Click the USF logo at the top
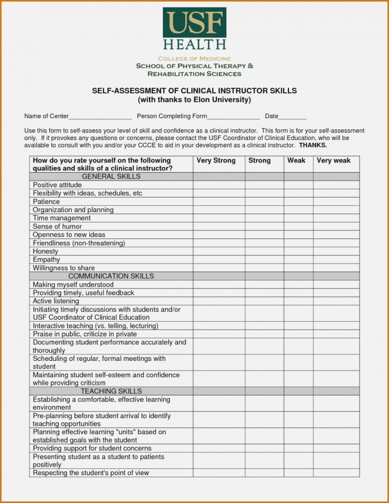coord(194,29)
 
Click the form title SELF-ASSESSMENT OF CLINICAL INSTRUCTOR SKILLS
coord(194,91)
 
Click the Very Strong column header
coord(216,160)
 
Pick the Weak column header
coord(297,160)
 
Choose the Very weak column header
coord(333,160)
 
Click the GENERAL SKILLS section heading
coord(111,176)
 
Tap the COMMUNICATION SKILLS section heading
coord(111,276)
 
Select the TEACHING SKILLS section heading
coord(111,391)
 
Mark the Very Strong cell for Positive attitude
coord(219,185)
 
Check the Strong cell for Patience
coord(264,202)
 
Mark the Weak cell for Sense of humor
coord(298,227)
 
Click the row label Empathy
coord(46,260)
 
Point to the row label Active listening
coord(56,301)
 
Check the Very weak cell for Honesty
coord(336,251)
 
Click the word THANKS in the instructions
coord(313,145)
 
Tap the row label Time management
coord(61,218)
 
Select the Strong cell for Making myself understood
coord(264,285)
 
